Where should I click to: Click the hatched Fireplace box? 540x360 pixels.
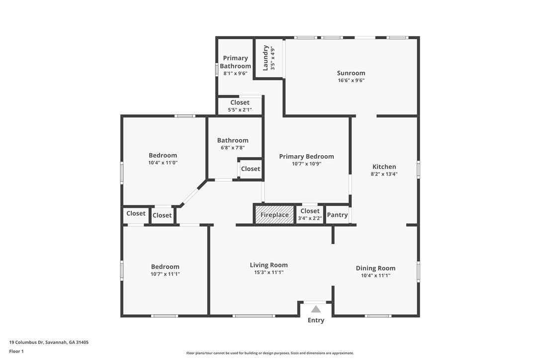[274, 215]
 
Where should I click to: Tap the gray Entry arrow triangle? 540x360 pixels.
[316, 309]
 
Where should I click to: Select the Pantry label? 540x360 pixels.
[337, 215]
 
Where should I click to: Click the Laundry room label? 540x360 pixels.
[266, 58]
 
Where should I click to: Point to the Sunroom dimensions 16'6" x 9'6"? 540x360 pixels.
[351, 80]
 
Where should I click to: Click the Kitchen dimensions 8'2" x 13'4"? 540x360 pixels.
[384, 174]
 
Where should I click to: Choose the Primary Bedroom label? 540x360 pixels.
[306, 156]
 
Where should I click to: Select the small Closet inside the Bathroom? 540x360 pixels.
[250, 169]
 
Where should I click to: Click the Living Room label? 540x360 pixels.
[269, 265]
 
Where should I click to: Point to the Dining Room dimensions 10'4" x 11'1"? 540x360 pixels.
[375, 275]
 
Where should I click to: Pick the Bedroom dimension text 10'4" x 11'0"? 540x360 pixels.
[163, 163]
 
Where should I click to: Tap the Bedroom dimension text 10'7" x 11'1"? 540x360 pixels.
[165, 273]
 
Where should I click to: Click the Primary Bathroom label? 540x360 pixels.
[235, 62]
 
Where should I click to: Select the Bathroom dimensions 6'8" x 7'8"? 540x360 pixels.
[232, 147]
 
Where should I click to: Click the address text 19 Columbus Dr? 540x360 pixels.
[49, 342]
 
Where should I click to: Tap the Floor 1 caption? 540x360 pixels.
[16, 351]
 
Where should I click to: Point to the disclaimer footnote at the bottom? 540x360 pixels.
[270, 353]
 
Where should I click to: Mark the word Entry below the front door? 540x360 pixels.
[316, 320]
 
